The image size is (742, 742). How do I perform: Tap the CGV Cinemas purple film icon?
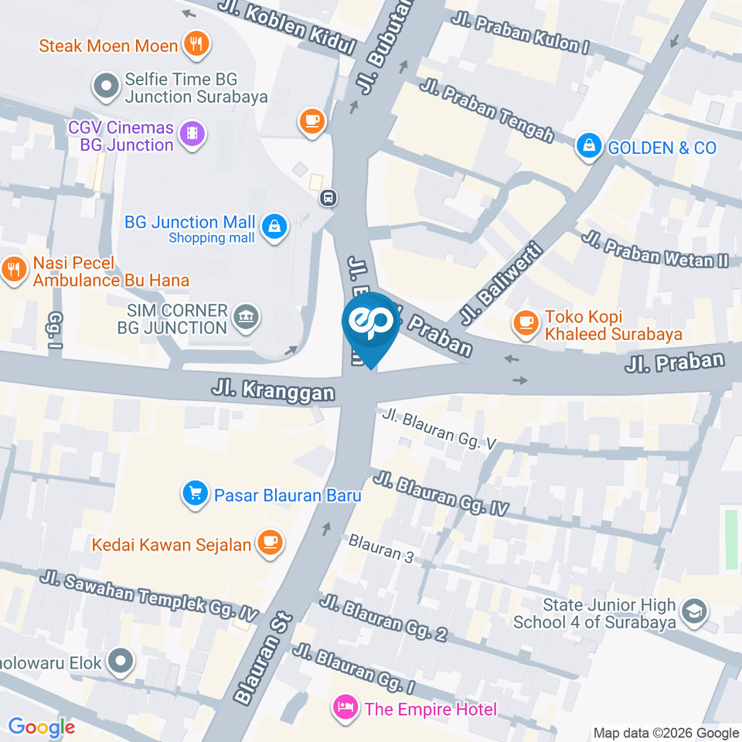192,134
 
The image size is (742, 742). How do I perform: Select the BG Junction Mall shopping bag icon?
274,227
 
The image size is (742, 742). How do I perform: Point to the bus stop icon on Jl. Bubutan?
329,199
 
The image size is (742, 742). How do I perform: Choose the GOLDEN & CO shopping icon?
589,146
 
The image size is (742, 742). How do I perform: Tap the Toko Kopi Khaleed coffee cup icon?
527,324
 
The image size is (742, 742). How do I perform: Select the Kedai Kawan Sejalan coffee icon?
269,543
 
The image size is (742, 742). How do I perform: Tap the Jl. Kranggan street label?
274,388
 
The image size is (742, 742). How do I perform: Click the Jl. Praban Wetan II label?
655,249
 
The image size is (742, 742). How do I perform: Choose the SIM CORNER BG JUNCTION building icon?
247,317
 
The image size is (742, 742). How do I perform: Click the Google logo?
41,727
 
